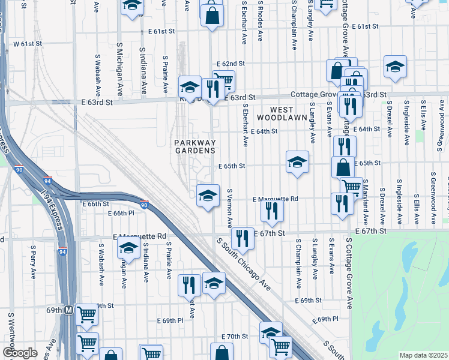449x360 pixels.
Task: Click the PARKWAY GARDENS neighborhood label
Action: pyautogui.click(x=194, y=146)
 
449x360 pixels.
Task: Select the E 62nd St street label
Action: pyautogui.click(x=231, y=64)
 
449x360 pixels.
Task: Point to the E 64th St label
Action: pyautogui.click(x=264, y=131)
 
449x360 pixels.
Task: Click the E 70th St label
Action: pyautogui.click(x=235, y=337)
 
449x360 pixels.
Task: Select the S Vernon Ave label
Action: pyautogui.click(x=229, y=207)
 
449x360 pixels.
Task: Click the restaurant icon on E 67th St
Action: pyautogui.click(x=243, y=238)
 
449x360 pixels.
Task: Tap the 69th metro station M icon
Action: pyautogui.click(x=69, y=310)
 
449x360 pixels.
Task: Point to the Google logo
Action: pyautogui.click(x=20, y=353)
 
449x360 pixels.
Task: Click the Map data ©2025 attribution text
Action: pyautogui.click(x=423, y=355)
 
